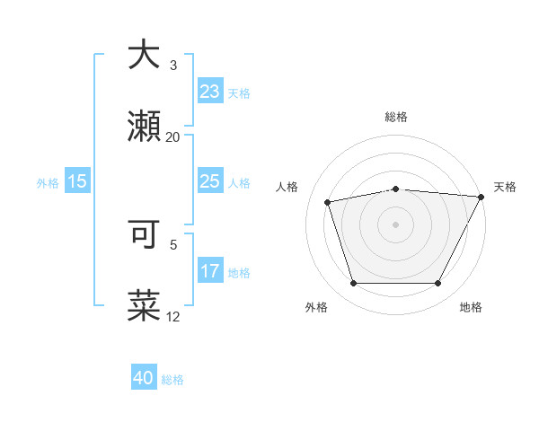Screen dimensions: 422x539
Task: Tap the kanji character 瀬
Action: pyautogui.click(x=146, y=127)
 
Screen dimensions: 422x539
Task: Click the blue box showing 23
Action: pyautogui.click(x=210, y=92)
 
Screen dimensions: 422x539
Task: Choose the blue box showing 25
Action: pyautogui.click(x=210, y=181)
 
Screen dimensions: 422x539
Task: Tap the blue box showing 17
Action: pyautogui.click(x=210, y=271)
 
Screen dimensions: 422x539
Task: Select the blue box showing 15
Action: pyautogui.click(x=77, y=181)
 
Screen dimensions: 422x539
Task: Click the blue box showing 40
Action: pyautogui.click(x=144, y=379)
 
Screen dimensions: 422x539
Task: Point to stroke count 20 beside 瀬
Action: pyautogui.click(x=172, y=137)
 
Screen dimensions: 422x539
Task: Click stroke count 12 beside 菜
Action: pyautogui.click(x=172, y=317)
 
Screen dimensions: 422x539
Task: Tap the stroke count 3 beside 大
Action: pyautogui.click(x=172, y=66)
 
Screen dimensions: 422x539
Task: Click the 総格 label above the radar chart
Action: pyautogui.click(x=396, y=117)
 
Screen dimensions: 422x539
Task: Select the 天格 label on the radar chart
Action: pyautogui.click(x=505, y=187)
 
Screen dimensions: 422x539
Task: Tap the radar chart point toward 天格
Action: pyautogui.click(x=482, y=197)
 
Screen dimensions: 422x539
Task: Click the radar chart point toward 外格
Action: pyautogui.click(x=354, y=284)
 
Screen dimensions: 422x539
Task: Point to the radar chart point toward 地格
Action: pyautogui.click(x=438, y=284)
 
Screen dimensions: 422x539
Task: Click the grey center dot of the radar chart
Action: pyautogui.click(x=396, y=224)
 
